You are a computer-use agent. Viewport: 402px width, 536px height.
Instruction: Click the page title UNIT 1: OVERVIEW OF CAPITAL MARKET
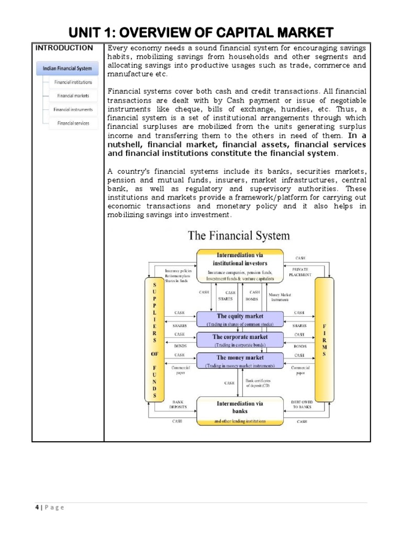(201, 32)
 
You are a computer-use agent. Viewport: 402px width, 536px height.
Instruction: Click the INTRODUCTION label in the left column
(64, 48)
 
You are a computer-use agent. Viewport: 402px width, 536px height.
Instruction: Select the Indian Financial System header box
(68, 68)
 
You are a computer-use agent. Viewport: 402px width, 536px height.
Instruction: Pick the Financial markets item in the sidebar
(73, 96)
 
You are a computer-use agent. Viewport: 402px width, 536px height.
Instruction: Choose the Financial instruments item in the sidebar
(73, 109)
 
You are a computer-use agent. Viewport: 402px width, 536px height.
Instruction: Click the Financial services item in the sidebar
(73, 124)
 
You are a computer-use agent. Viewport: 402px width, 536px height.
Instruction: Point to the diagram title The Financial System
(239, 236)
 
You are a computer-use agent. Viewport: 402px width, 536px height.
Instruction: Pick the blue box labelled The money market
(240, 360)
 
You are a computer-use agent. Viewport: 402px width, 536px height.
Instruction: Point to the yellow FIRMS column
(324, 339)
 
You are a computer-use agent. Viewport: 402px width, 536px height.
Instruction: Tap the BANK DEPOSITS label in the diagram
(177, 404)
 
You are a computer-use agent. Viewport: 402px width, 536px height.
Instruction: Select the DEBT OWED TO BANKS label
(302, 404)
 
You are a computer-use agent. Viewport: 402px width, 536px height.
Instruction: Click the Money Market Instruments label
(280, 297)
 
